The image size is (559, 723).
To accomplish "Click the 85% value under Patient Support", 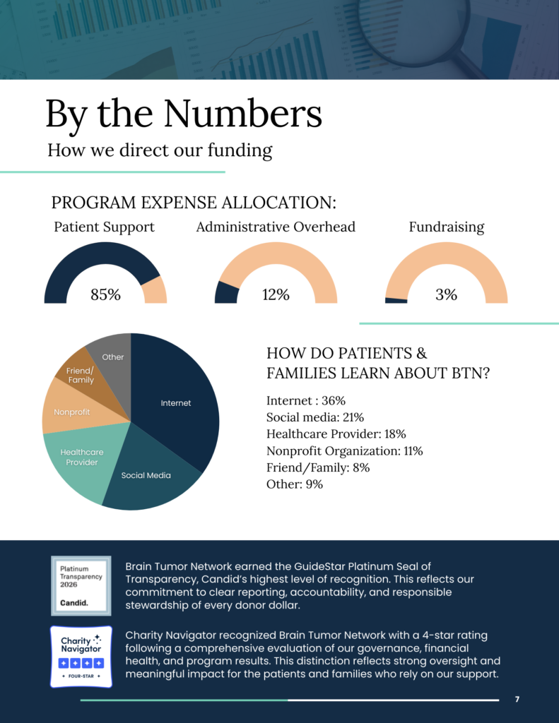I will tap(105, 294).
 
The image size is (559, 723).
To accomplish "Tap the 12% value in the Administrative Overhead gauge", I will tap(276, 294).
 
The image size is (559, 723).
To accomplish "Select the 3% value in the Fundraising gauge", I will tap(446, 294).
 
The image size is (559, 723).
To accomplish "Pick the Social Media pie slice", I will tap(146, 475).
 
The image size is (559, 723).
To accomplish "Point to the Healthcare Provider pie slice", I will tap(82, 457).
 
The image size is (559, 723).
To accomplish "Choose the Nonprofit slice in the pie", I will tap(71, 412).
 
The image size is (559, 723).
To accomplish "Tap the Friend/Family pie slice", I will tap(81, 375).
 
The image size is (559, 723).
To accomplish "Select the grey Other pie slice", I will tap(112, 357).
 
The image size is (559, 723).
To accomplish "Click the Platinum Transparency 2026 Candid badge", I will tap(81, 585).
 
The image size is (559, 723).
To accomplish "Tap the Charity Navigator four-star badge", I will tap(81, 656).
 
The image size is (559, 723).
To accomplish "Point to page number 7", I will tap(517, 699).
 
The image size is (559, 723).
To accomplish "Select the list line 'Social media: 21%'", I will tap(315, 417).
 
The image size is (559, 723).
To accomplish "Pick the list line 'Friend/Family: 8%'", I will tap(318, 467).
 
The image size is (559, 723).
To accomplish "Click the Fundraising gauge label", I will tap(447, 227).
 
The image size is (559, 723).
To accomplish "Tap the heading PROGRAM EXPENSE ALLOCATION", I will tap(194, 203).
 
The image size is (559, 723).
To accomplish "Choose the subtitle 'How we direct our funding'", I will tap(160, 150).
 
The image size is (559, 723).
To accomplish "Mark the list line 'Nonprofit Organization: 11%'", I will tap(344, 450).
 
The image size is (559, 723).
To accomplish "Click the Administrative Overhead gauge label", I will tap(276, 227).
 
